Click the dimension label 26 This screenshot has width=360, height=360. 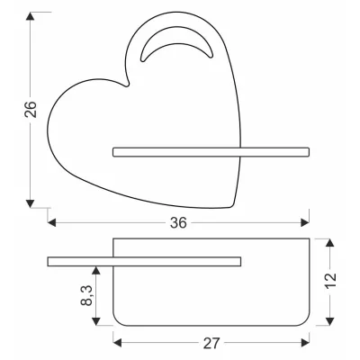[31, 110]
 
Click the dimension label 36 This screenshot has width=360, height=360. [178, 223]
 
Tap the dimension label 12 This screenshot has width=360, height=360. [330, 281]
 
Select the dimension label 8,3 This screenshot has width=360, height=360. [86, 295]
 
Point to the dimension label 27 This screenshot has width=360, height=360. [211, 343]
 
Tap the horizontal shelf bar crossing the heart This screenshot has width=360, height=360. [211, 152]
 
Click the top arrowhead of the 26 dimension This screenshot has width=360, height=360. [30, 16]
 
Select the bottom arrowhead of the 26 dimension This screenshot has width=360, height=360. [30, 203]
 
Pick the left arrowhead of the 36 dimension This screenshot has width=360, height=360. [51, 222]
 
